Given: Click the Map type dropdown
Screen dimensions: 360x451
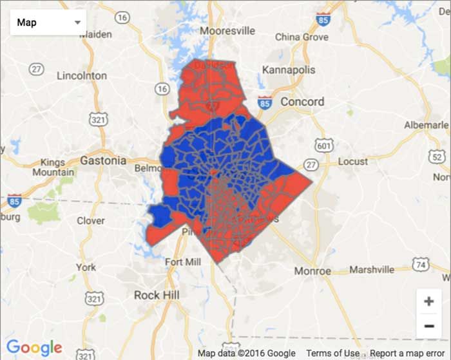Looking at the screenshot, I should click(48, 23).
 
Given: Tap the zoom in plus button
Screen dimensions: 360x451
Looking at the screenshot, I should click(428, 301).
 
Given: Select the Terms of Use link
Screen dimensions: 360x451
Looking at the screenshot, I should click(333, 354).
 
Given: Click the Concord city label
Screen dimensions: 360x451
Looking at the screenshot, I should click(302, 102).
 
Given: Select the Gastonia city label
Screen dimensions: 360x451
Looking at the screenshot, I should click(103, 160).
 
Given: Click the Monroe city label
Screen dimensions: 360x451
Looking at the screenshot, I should click(312, 271).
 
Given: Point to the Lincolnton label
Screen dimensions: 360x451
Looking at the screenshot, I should click(82, 75).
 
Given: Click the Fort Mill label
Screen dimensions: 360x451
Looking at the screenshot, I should click(182, 262).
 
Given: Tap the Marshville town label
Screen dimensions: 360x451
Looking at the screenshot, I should click(373, 270).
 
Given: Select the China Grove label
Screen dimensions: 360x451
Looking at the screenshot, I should click(302, 37).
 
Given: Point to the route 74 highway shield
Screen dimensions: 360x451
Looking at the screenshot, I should click(421, 264).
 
